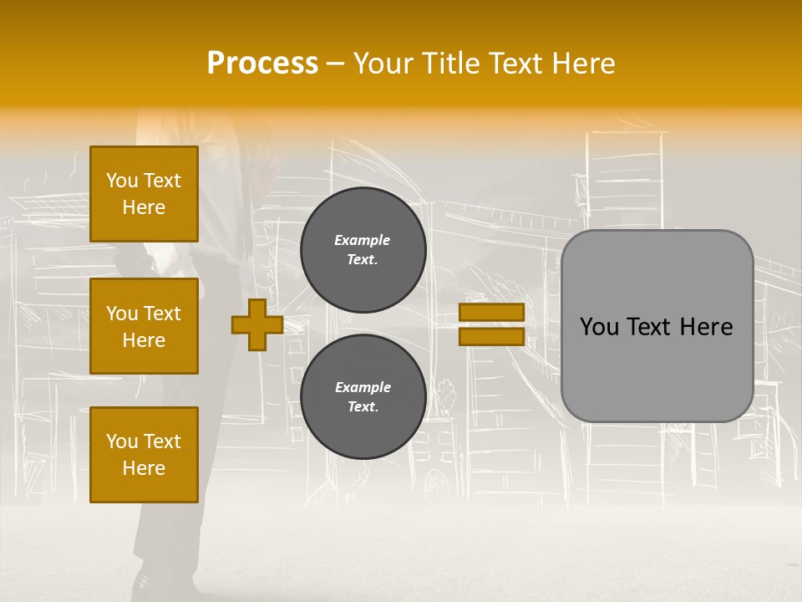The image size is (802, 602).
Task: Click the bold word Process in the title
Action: pyautogui.click(x=262, y=63)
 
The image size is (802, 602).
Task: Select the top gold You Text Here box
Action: pyautogui.click(x=144, y=194)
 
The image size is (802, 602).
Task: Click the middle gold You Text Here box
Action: pyautogui.click(x=144, y=326)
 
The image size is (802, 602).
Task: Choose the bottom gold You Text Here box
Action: pyautogui.click(x=144, y=455)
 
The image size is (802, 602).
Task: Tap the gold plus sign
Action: pyautogui.click(x=257, y=324)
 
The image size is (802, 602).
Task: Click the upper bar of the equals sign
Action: pyautogui.click(x=491, y=312)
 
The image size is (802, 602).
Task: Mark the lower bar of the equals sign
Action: pyautogui.click(x=491, y=337)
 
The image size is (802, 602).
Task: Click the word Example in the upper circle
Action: pyautogui.click(x=363, y=240)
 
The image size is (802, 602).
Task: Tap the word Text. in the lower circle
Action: pyautogui.click(x=363, y=407)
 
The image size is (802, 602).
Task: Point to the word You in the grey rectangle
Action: pyautogui.click(x=598, y=327)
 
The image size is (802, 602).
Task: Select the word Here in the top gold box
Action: pyautogui.click(x=144, y=207)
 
